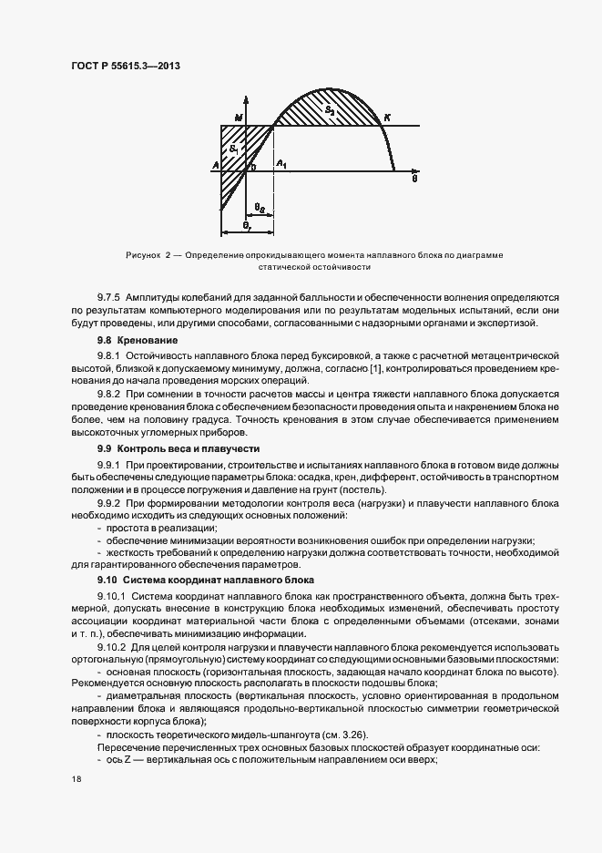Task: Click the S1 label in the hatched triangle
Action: click(234, 148)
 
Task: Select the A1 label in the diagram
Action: click(281, 163)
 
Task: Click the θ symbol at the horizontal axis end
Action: click(414, 180)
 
